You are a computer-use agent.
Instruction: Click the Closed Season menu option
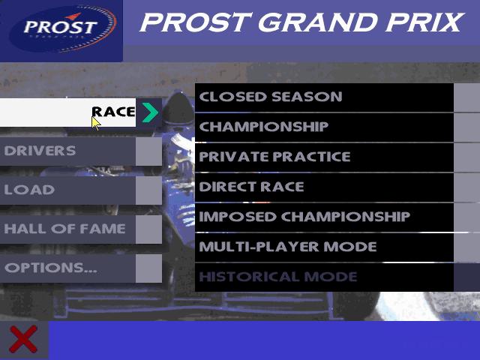[x=324, y=97]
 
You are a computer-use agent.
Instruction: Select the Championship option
[x=324, y=127]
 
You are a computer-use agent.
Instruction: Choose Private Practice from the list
[x=324, y=157]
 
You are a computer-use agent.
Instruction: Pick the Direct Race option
[x=324, y=187]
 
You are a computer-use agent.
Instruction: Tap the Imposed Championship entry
[x=324, y=217]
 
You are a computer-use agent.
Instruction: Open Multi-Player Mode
[x=324, y=247]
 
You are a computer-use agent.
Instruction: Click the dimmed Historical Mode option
[x=324, y=277]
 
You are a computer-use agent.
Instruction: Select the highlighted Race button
[x=67, y=112]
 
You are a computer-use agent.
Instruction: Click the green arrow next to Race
[x=150, y=112]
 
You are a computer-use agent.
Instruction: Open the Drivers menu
[x=67, y=151]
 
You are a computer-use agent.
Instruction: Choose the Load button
[x=67, y=190]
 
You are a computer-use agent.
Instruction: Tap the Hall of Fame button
[x=67, y=229]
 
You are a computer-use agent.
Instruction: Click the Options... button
[x=67, y=268]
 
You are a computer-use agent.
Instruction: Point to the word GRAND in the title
[x=317, y=22]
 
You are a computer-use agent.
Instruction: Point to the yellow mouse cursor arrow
[x=96, y=123]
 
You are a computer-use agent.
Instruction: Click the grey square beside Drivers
[x=148, y=151]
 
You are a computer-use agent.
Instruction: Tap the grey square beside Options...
[x=148, y=268]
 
